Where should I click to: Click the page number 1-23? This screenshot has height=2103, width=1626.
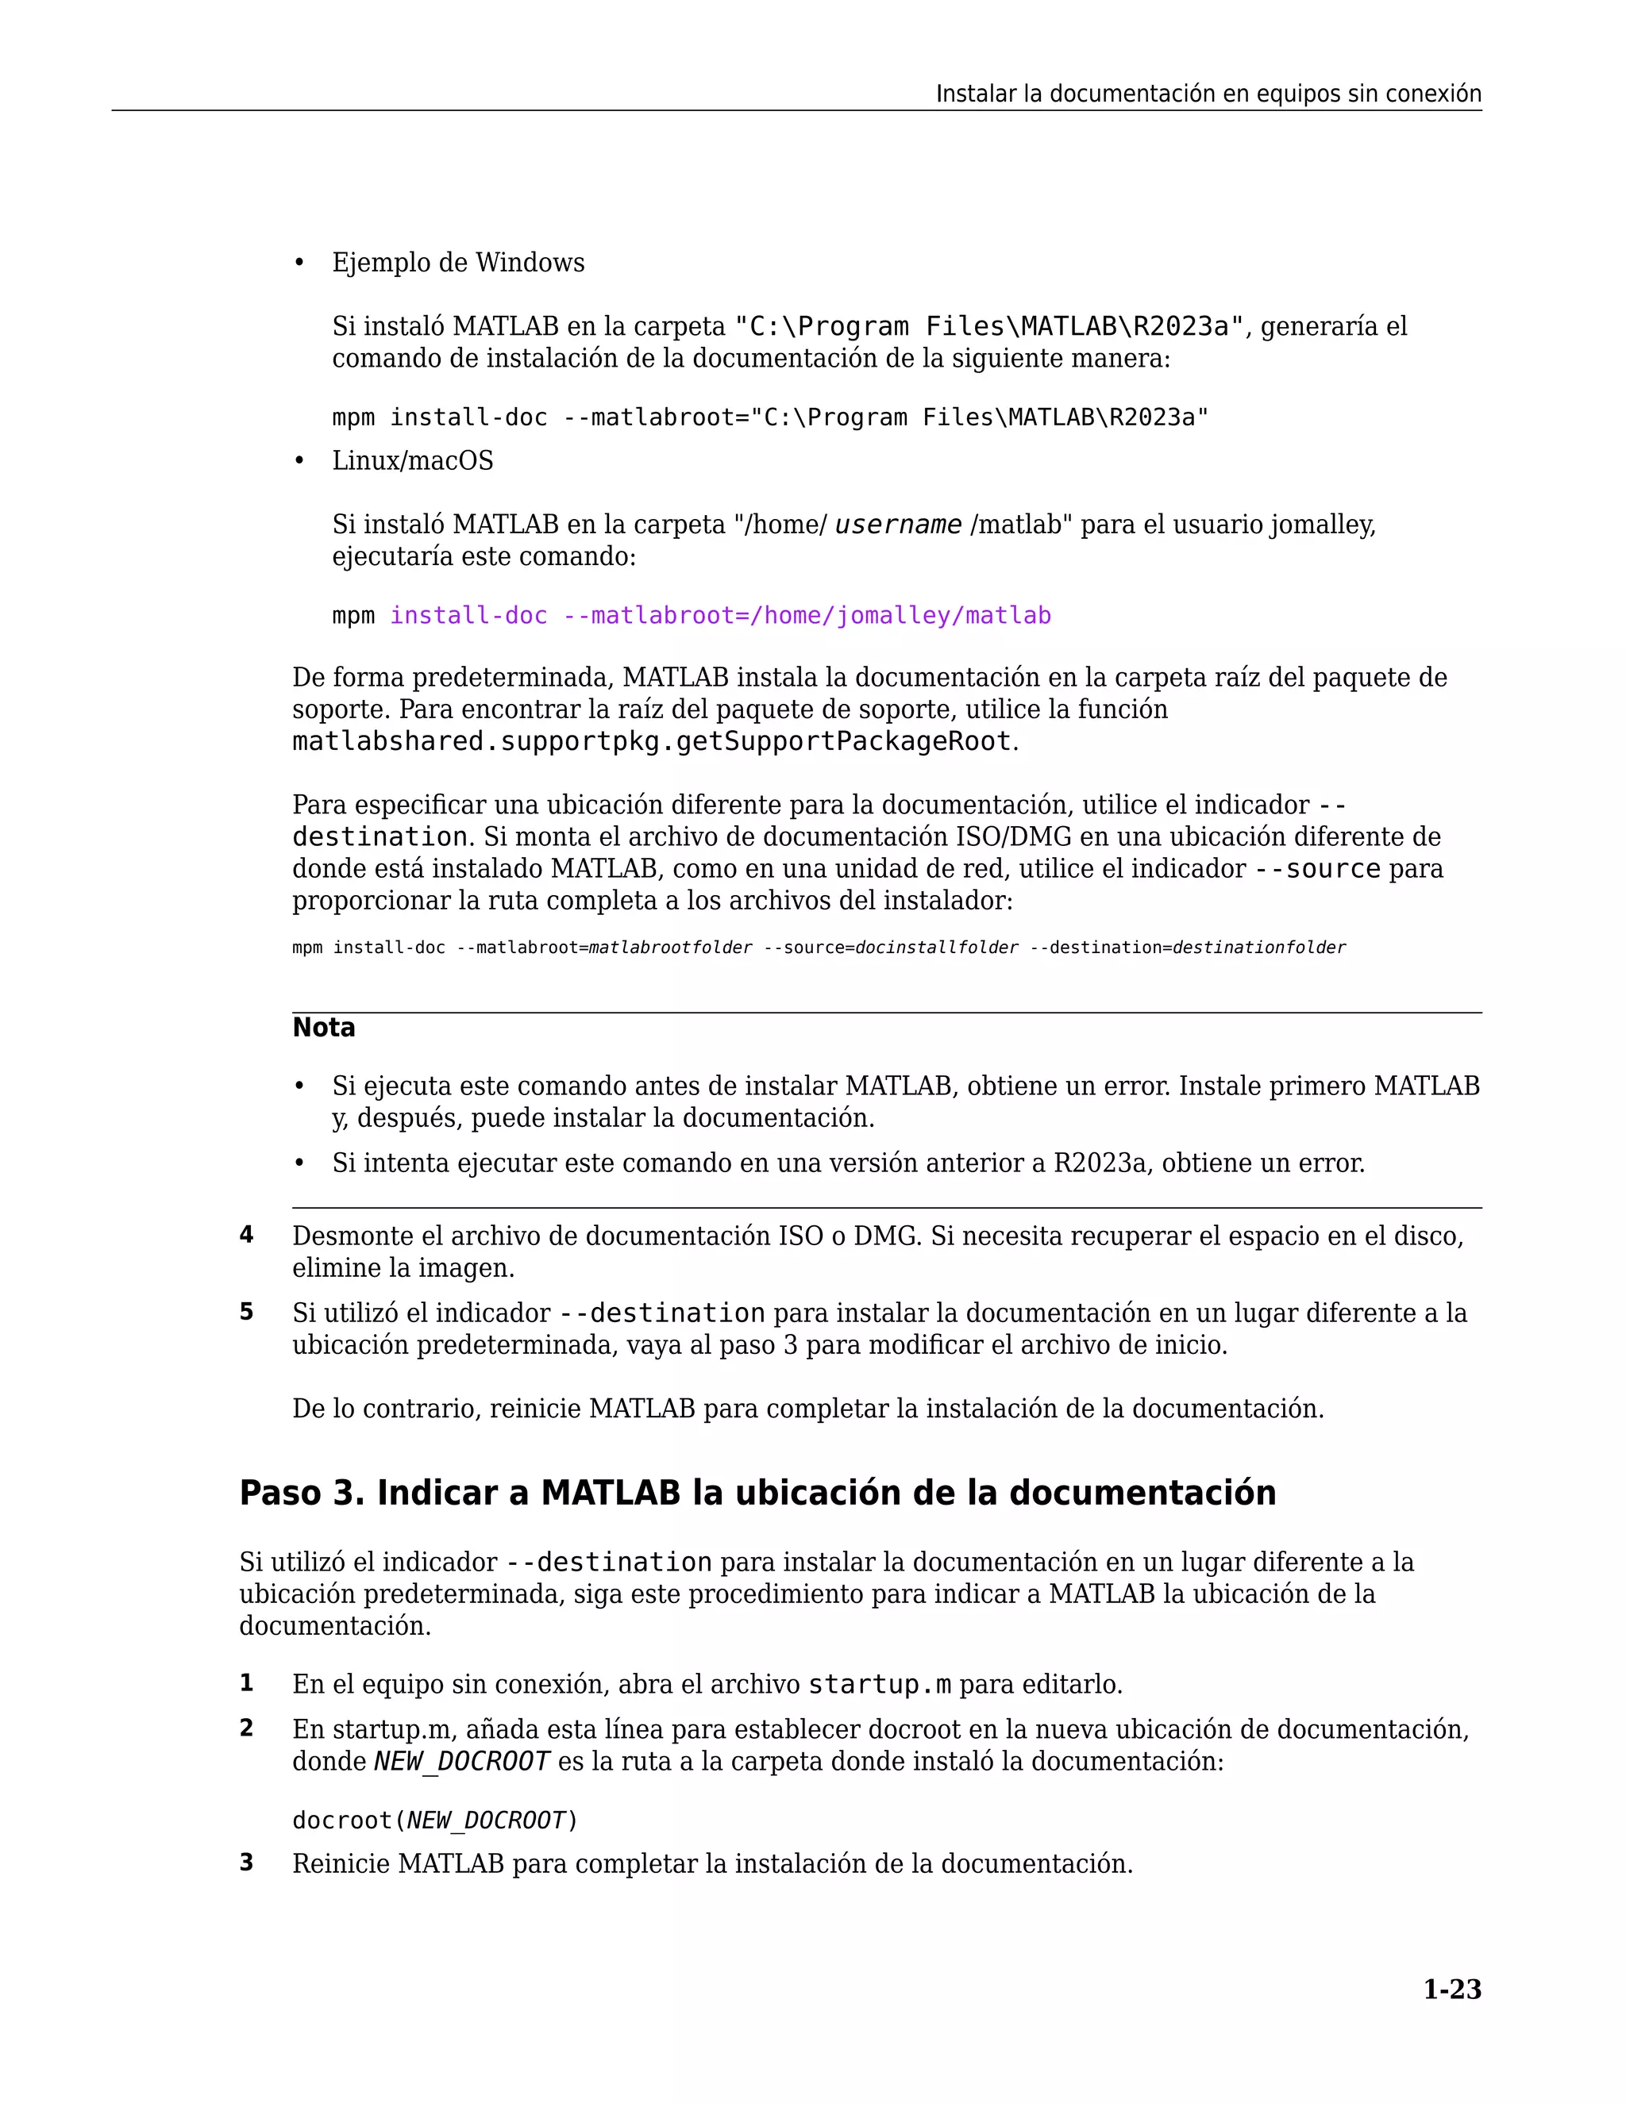click(x=1451, y=1989)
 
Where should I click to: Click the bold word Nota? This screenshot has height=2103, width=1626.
click(x=324, y=1028)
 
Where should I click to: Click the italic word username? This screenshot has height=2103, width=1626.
click(x=898, y=525)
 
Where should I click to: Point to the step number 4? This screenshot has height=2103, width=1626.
click(x=247, y=1236)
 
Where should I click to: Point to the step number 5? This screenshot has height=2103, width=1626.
click(x=247, y=1313)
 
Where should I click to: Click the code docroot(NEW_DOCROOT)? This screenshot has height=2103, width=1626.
click(x=434, y=1820)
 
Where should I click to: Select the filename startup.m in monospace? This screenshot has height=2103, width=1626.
click(x=879, y=1684)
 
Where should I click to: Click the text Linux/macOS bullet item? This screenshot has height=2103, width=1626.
click(x=412, y=460)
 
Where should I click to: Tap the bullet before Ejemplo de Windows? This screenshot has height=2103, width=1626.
click(x=299, y=263)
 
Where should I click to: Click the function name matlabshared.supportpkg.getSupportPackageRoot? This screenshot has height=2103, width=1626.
click(x=652, y=741)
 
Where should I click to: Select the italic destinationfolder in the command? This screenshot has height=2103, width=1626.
click(x=1258, y=948)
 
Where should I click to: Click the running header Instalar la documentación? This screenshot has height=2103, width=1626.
click(x=1208, y=94)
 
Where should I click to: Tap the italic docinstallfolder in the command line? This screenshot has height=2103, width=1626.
click(x=936, y=948)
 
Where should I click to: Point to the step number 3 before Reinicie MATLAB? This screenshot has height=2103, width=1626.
click(x=247, y=1863)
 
